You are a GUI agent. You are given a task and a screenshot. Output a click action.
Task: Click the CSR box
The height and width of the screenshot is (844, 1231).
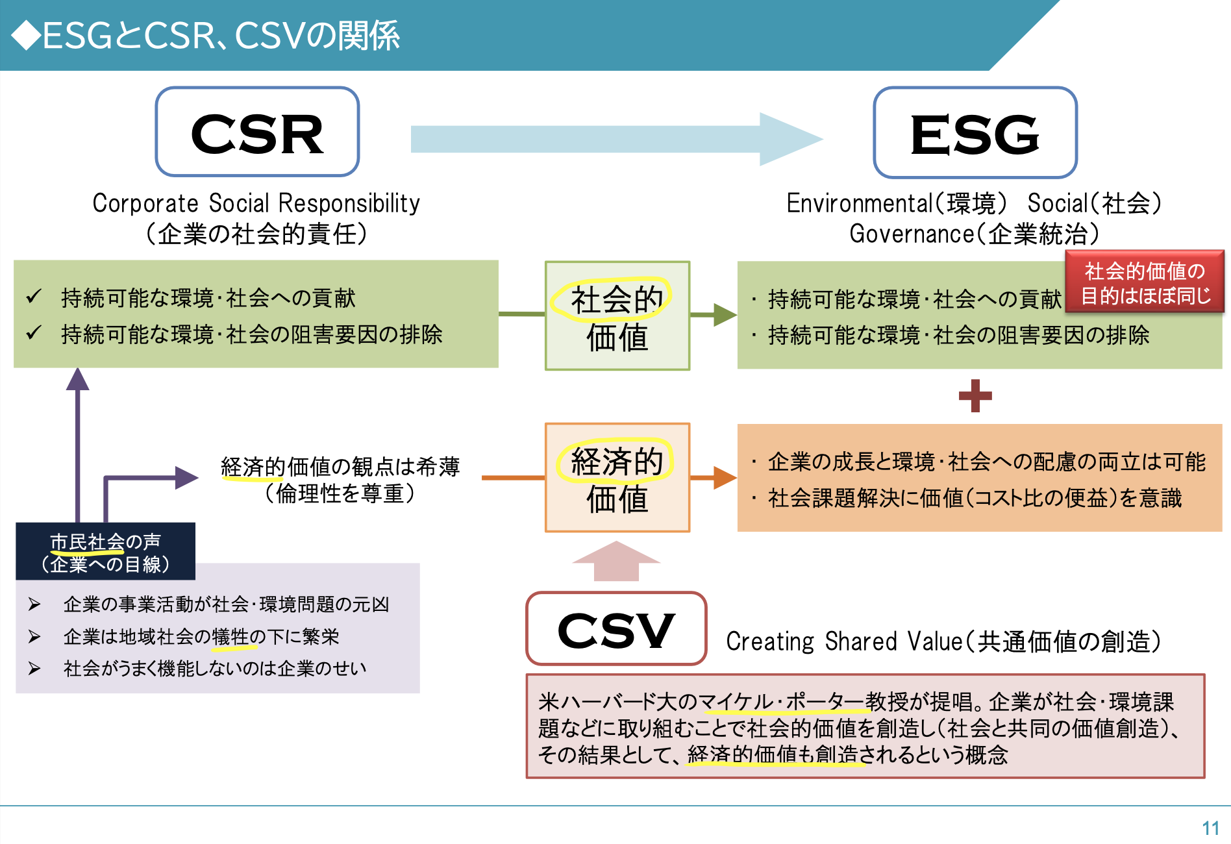pos(257,132)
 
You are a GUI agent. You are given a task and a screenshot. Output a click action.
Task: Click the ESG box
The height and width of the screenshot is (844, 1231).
pos(975,133)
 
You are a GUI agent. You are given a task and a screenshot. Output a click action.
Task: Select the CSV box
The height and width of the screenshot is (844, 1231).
pos(615,628)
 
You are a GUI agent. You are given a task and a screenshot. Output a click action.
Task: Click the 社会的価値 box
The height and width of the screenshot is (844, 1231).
pos(617,316)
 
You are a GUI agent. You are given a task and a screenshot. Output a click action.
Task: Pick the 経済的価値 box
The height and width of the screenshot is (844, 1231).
pos(617,478)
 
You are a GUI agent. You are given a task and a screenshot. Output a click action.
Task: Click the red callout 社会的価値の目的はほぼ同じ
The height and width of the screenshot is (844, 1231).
pos(1144,282)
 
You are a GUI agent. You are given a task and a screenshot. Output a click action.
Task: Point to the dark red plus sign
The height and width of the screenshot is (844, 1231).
pos(975,396)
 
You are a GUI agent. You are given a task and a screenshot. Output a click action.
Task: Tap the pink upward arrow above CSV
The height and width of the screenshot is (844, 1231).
pos(615,561)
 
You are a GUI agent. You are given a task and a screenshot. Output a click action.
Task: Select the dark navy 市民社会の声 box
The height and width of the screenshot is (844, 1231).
pos(105,552)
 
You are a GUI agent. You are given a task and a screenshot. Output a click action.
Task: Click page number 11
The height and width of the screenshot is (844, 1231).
pos(1210,828)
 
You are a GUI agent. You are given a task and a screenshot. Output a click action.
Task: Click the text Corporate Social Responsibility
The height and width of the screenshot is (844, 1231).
pos(256,203)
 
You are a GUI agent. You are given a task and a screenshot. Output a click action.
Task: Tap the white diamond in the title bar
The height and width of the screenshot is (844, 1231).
pos(27,35)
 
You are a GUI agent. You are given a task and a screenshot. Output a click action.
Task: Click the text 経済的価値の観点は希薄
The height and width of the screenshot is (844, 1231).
pos(340,466)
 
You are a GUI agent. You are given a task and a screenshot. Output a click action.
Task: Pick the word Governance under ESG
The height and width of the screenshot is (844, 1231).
pos(912,234)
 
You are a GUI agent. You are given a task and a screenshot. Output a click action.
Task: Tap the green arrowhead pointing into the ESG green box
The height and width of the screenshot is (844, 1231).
pos(725,315)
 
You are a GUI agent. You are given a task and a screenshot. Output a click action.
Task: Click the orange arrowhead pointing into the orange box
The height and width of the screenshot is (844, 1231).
pos(725,478)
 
